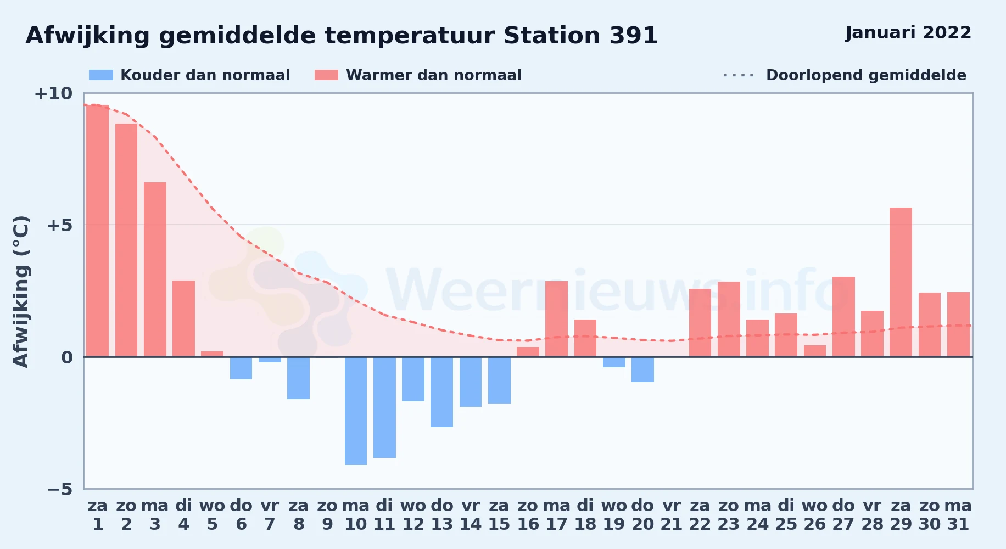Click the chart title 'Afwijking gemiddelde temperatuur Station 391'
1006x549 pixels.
point(342,36)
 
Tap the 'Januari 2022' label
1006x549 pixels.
point(908,33)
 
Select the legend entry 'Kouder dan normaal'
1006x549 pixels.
point(189,75)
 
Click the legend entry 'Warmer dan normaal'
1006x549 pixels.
point(418,75)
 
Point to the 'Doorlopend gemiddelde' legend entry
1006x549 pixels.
point(845,75)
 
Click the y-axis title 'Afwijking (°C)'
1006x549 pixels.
point(21,292)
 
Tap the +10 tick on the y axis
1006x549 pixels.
point(53,93)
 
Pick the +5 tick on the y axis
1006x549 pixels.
point(59,225)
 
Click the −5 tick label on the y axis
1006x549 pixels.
point(59,489)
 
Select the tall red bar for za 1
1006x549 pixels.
point(98,231)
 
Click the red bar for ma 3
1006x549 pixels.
point(155,270)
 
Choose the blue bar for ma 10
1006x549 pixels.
point(356,411)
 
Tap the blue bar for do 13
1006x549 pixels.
point(441,392)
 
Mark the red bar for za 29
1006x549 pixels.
point(901,282)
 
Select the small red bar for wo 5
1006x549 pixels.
point(212,354)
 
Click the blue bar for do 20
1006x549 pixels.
point(642,369)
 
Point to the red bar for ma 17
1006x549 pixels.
point(556,319)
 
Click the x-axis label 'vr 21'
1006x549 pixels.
point(671,515)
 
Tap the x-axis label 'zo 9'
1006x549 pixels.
point(327,515)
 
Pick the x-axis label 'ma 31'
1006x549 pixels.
point(958,515)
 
